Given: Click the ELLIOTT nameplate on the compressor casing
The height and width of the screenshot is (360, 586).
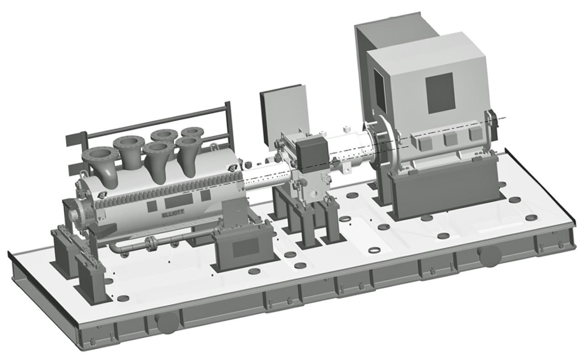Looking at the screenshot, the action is [x=173, y=213].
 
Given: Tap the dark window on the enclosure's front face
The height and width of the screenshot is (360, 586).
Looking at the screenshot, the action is [x=441, y=93].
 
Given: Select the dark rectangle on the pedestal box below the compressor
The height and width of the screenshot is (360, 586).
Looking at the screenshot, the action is [x=246, y=247].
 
